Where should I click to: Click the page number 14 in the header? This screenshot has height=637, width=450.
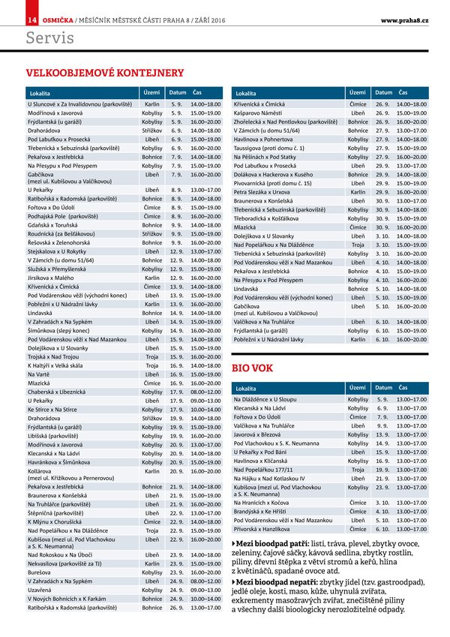click(32, 17)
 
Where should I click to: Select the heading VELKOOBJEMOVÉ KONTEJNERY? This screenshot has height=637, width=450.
click(105, 73)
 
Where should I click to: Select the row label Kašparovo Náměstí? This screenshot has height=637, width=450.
click(260, 112)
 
